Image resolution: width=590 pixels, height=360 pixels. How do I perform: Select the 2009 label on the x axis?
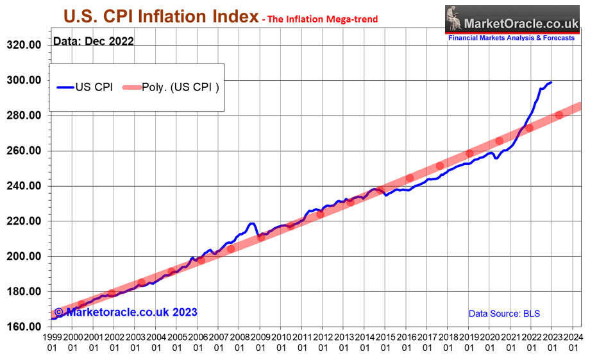(x=260, y=336)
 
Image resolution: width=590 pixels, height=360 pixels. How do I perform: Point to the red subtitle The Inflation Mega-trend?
(x=319, y=20)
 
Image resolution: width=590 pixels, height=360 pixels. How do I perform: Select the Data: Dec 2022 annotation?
(x=93, y=42)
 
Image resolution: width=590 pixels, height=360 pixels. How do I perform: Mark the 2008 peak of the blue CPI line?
(x=252, y=223)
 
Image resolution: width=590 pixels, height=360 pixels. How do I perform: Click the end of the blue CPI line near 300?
(x=552, y=83)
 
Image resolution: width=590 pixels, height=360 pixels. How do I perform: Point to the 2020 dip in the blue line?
(x=496, y=158)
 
